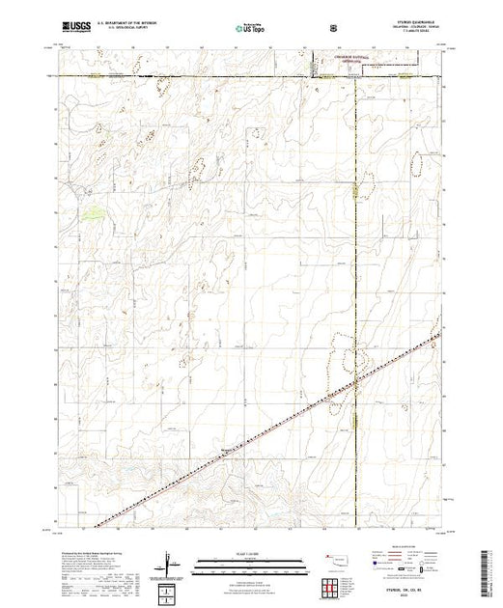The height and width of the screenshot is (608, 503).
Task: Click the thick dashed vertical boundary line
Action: pos(355,241)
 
